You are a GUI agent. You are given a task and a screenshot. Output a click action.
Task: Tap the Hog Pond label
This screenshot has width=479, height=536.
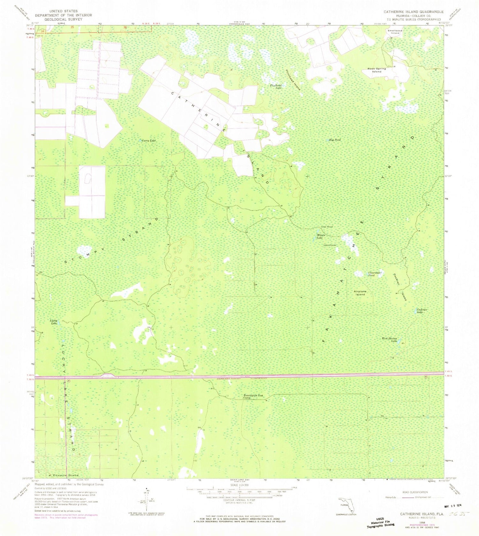[335, 140]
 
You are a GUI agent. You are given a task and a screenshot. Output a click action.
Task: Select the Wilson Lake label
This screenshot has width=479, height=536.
[320, 237]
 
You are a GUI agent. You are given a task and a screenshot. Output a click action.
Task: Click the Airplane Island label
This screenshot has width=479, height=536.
[359, 293]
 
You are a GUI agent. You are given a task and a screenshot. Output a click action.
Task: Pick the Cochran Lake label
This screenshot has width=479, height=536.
[422, 311]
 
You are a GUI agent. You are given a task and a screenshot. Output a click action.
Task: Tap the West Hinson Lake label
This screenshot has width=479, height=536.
[390, 339]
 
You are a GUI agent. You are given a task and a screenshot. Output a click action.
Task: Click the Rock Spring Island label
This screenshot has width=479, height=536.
[376, 70]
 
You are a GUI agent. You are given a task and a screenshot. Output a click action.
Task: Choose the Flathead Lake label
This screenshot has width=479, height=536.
[276, 86]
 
